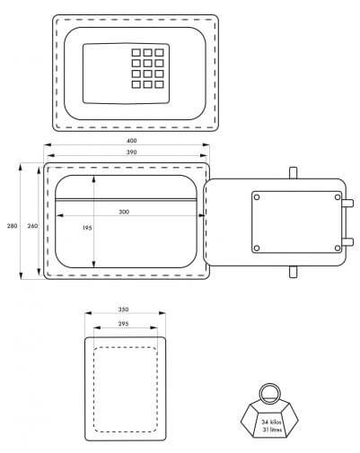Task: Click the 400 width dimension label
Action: (x=131, y=141)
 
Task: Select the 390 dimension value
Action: (x=131, y=152)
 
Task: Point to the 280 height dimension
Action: (x=12, y=226)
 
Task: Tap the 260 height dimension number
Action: (x=32, y=226)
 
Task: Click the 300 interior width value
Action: (x=124, y=212)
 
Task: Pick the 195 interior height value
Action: (x=87, y=228)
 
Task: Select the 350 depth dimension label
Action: (x=123, y=309)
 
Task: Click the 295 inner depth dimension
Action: (x=123, y=324)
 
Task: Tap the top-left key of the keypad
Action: (x=136, y=53)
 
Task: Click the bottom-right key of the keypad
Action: (x=159, y=84)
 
